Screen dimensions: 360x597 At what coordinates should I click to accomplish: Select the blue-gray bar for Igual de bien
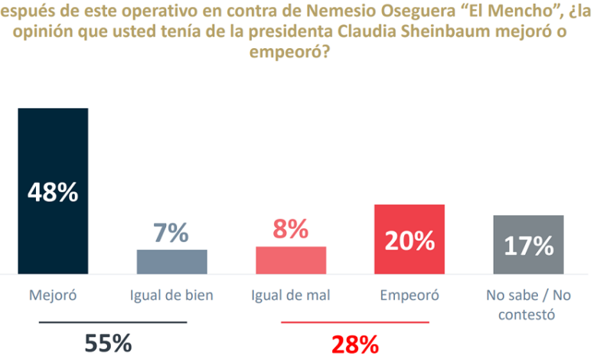pyautogui.click(x=171, y=262)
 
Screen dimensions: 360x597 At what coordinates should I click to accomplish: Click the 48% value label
pyautogui.click(x=53, y=193)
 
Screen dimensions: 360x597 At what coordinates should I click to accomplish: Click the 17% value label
pyautogui.click(x=528, y=246)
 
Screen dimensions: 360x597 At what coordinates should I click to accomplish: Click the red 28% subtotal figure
pyautogui.click(x=354, y=345)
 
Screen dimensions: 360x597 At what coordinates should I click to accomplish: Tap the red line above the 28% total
pyautogui.click(x=355, y=322)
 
